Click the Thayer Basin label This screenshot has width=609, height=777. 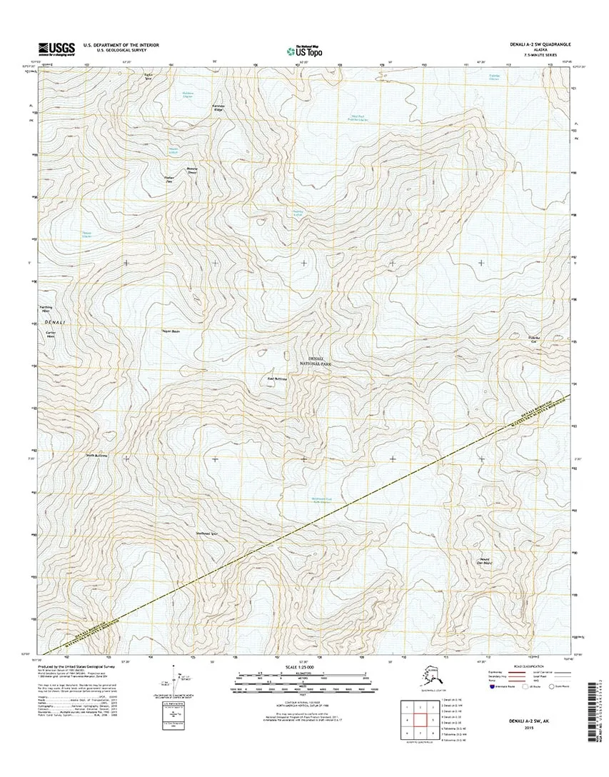[x=170, y=331]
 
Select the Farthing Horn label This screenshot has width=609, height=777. [x=47, y=310]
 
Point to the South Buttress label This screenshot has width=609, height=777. [x=96, y=454]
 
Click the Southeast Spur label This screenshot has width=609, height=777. [x=206, y=532]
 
